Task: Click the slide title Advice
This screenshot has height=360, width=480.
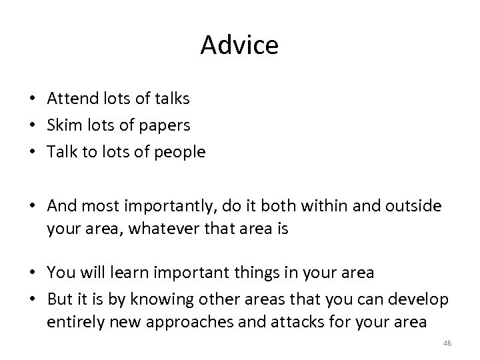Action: (x=239, y=45)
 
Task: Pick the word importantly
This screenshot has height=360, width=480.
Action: (x=165, y=207)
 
